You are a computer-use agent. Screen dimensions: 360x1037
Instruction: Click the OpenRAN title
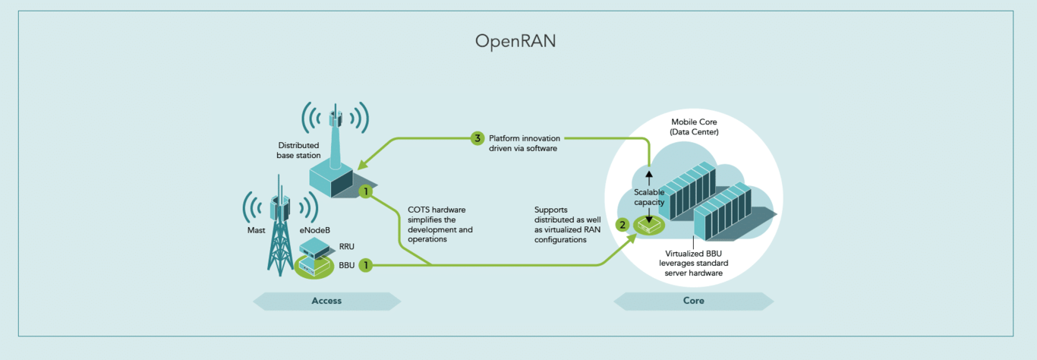pyautogui.click(x=515, y=41)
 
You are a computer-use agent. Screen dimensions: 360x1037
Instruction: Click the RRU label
pyautogui.click(x=347, y=246)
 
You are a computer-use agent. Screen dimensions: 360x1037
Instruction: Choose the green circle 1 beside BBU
pyautogui.click(x=365, y=265)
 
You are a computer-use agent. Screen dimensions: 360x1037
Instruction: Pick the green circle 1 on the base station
pyautogui.click(x=365, y=191)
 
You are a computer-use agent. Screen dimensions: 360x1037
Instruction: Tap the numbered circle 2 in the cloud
pyautogui.click(x=623, y=225)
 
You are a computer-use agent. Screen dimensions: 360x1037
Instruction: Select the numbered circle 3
pyautogui.click(x=477, y=138)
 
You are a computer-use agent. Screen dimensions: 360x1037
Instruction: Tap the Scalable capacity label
pyautogui.click(x=649, y=197)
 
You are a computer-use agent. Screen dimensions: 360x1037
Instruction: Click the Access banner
pyautogui.click(x=326, y=301)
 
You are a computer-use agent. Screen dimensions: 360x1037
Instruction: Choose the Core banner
pyautogui.click(x=693, y=301)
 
